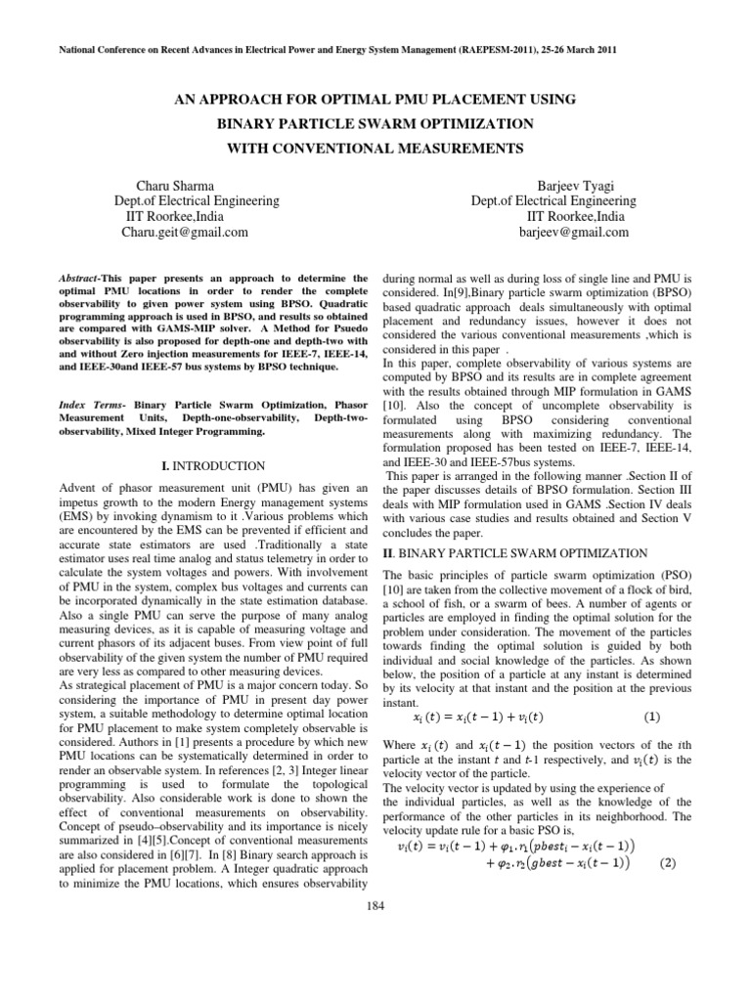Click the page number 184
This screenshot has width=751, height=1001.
point(375,904)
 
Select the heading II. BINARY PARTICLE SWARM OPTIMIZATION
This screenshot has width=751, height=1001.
point(514,553)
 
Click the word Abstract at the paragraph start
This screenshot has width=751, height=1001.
point(78,279)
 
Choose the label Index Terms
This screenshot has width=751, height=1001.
point(92,404)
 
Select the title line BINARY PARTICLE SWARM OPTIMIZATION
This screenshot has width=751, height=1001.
point(375,123)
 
